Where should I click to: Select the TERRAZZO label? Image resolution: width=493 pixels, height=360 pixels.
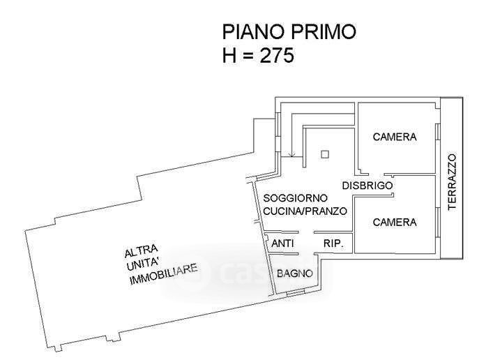point(451,181)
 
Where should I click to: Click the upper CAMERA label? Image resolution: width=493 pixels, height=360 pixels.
point(395,137)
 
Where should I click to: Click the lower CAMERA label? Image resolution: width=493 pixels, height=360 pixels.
point(395,223)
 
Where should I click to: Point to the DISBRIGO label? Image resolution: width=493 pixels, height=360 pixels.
point(367,186)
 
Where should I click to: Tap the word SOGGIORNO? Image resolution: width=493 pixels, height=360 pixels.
point(294,198)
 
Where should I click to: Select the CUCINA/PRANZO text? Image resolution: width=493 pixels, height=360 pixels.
point(305,211)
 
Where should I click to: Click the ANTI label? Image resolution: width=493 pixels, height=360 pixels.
point(282,243)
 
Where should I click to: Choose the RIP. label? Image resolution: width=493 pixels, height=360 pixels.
point(334,243)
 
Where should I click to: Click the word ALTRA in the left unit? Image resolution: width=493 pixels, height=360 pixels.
point(142,251)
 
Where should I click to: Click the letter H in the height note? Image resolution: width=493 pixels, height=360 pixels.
point(229,55)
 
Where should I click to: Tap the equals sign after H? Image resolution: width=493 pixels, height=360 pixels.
point(248,56)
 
